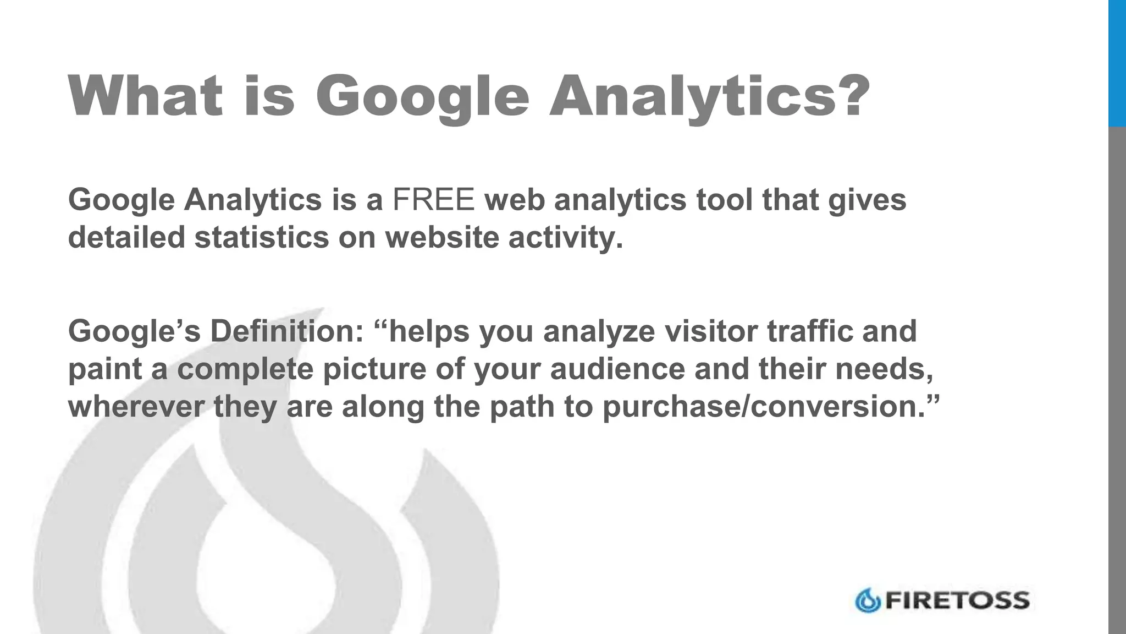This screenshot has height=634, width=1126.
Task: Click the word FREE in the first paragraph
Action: (x=433, y=199)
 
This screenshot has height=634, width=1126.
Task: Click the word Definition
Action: (x=286, y=331)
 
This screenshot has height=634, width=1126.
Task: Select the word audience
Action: (x=617, y=369)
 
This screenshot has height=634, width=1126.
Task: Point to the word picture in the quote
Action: (x=374, y=369)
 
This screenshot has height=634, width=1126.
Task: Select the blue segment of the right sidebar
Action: (x=1117, y=63)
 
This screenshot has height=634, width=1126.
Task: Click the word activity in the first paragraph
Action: (x=565, y=237)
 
